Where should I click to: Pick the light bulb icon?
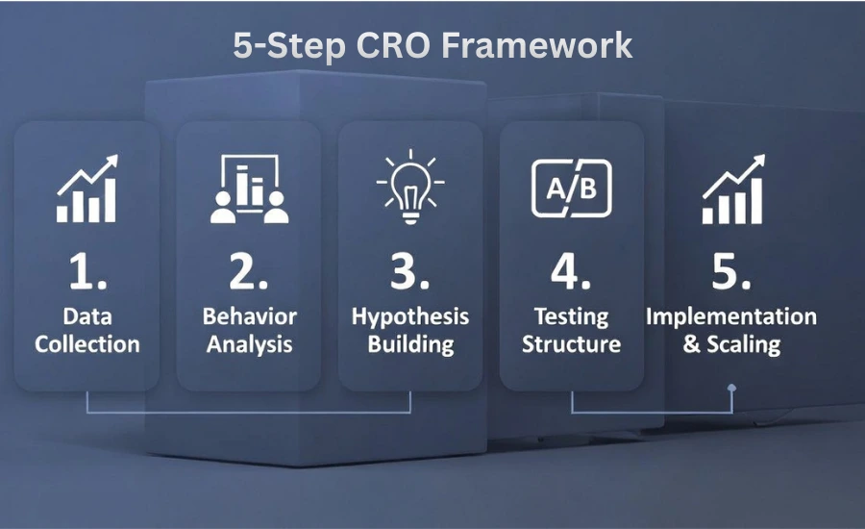(410, 186)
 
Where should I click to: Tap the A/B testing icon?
(572, 187)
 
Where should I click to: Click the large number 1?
(86, 272)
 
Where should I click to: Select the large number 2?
(248, 272)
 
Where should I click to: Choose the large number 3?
(409, 272)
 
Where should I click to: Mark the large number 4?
(571, 272)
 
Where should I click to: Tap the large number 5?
(731, 272)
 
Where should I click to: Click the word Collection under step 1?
(87, 344)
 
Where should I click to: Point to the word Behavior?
(250, 317)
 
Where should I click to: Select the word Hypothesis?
(410, 317)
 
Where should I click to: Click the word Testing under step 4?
(572, 317)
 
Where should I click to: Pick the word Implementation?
(731, 317)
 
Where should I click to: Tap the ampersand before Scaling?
(692, 344)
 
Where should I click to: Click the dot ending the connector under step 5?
(732, 390)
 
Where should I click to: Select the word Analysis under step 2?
(250, 344)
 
